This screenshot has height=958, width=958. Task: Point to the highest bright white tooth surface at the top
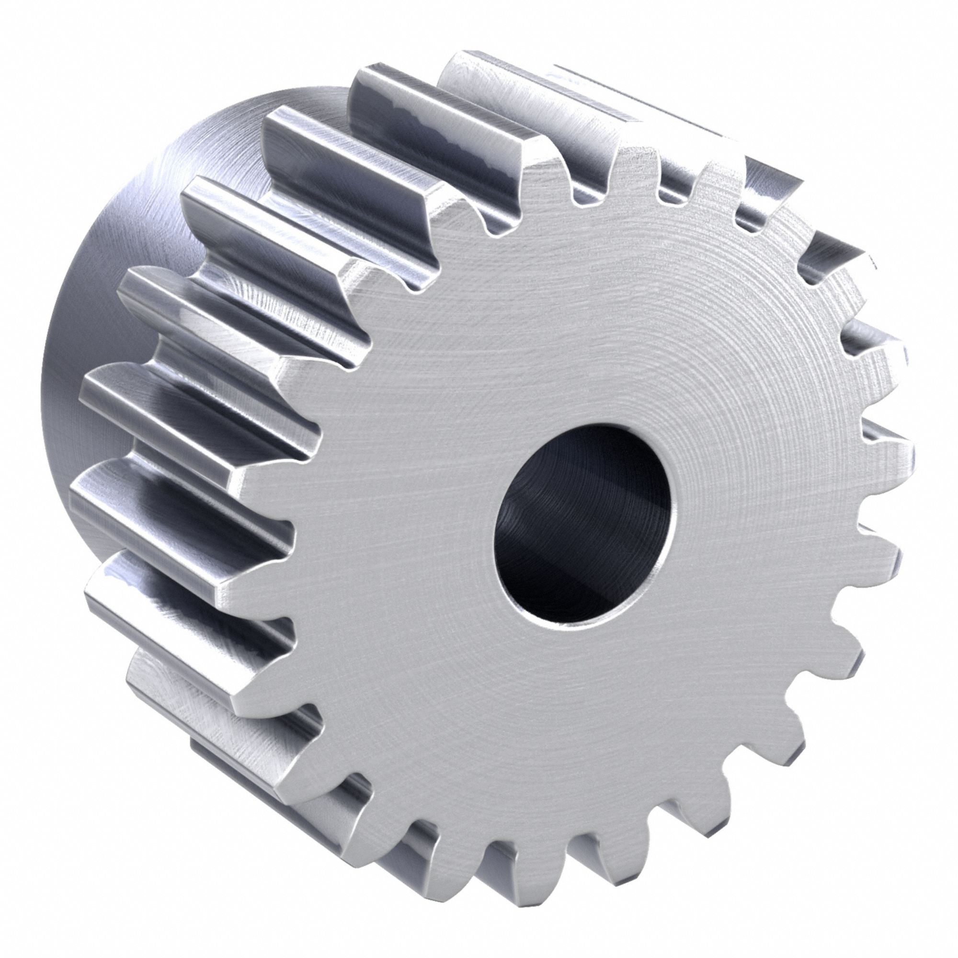tap(496, 80)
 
